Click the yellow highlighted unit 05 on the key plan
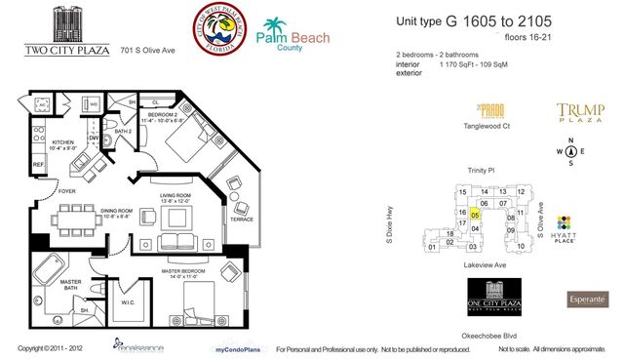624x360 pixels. point(475,214)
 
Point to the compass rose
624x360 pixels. point(569,151)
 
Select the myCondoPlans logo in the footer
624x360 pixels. point(235,348)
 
